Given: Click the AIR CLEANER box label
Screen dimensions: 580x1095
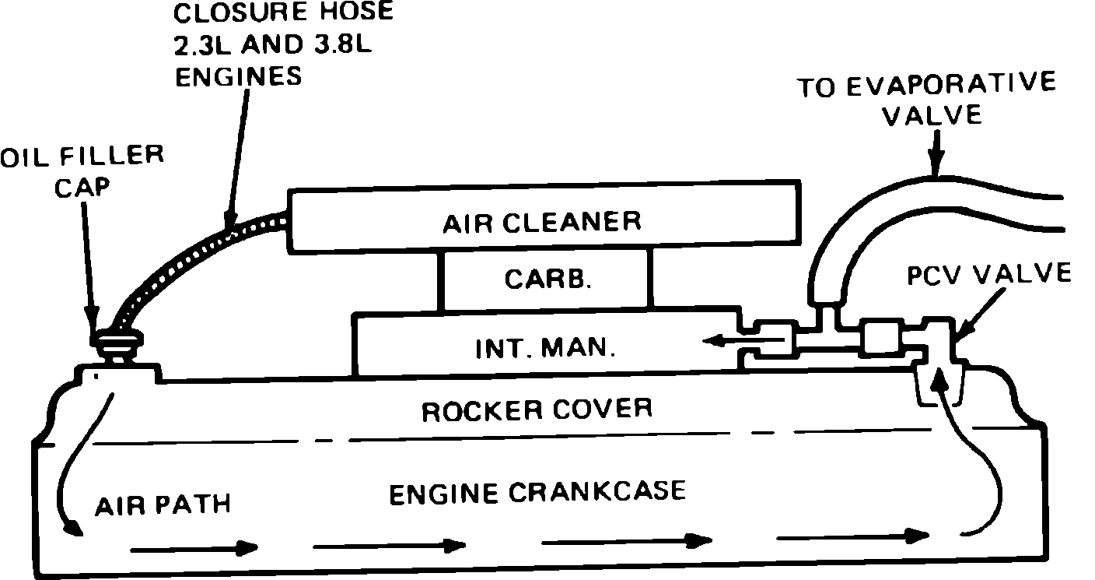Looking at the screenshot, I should pos(542,222).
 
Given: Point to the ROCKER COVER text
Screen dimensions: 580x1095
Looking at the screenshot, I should pos(537,409).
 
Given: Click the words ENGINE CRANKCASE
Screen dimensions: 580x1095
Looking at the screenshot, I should pos(537,492).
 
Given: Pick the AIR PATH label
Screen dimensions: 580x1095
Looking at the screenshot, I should pos(163,504).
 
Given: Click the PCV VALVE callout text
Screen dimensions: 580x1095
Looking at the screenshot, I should pos(988,274).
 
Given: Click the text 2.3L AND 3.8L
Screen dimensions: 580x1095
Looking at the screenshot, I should pos(271,44).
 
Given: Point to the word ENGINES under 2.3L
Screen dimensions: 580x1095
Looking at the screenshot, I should pos(237,76).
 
